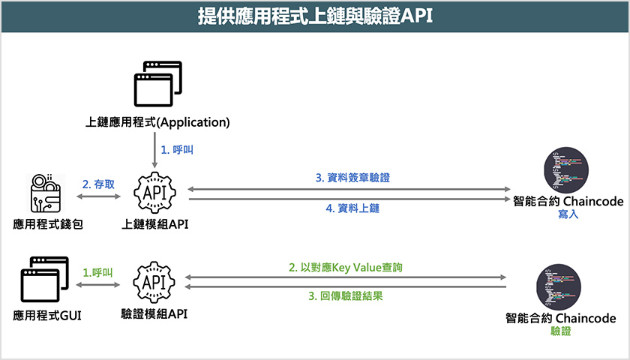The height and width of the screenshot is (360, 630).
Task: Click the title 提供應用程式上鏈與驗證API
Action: tap(315, 16)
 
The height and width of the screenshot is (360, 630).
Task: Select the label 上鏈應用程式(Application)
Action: tap(157, 121)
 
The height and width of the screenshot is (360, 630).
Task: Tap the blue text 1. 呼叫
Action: tap(178, 150)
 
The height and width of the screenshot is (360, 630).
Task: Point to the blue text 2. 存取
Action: tap(99, 184)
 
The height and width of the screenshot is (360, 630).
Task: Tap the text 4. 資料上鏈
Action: tap(352, 208)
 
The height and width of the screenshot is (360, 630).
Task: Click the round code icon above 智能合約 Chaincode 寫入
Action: tap(566, 171)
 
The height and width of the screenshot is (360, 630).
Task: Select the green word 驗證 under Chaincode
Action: tap(561, 330)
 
